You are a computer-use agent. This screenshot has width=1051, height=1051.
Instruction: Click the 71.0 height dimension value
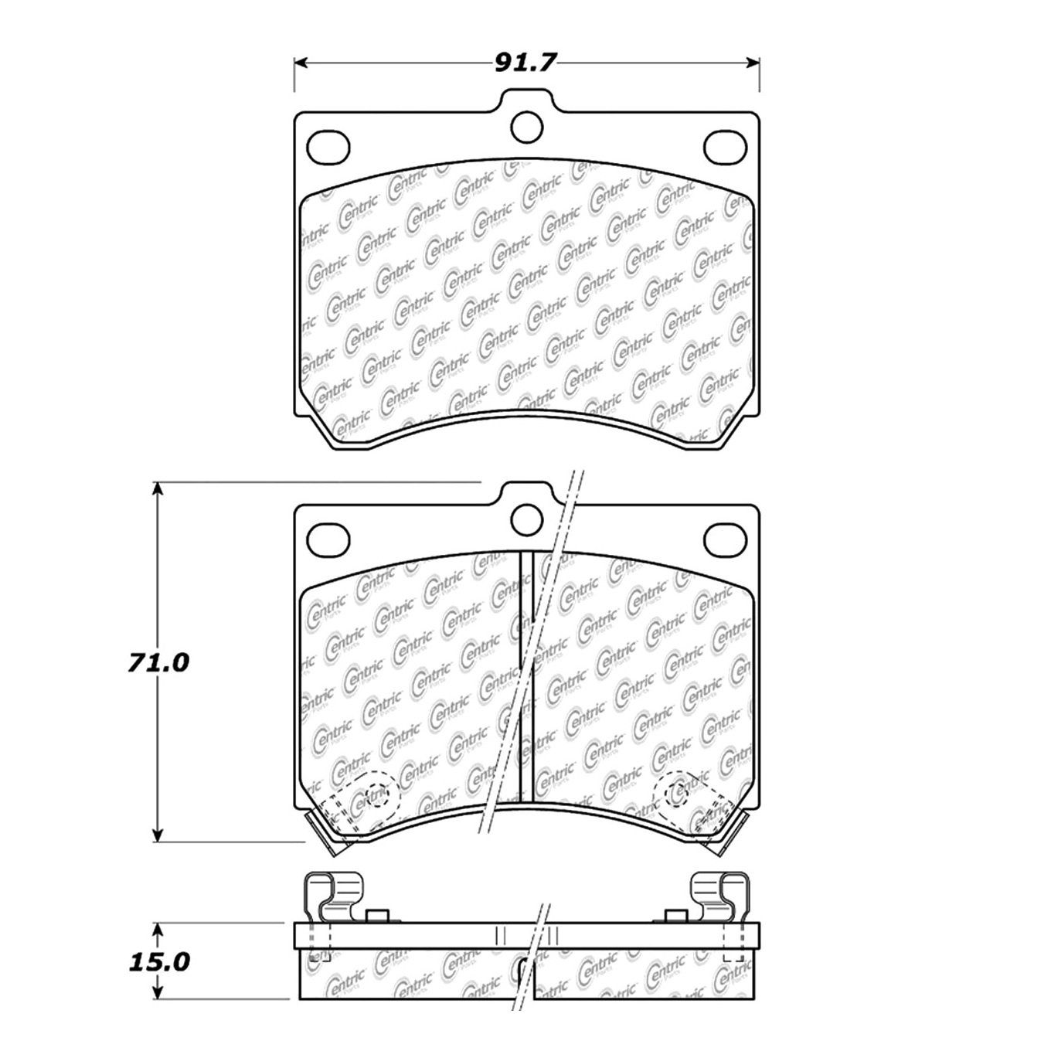pos(158,662)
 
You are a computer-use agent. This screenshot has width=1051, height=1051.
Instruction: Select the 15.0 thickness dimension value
pos(158,961)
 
